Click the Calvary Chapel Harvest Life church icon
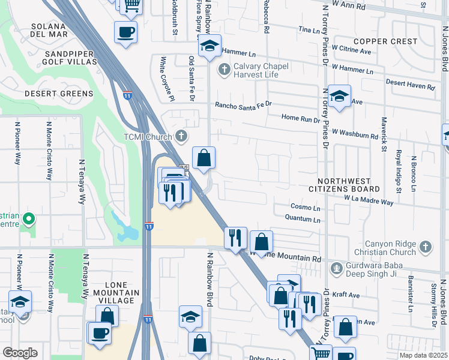pos(224,70)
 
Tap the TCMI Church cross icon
pos(179,136)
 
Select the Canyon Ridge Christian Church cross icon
pos(425,247)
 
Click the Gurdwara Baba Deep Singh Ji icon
pos(337,267)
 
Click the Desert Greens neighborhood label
pos(59,94)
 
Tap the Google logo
pos(20,352)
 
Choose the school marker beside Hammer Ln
pos(209,46)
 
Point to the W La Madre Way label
pos(369,200)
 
